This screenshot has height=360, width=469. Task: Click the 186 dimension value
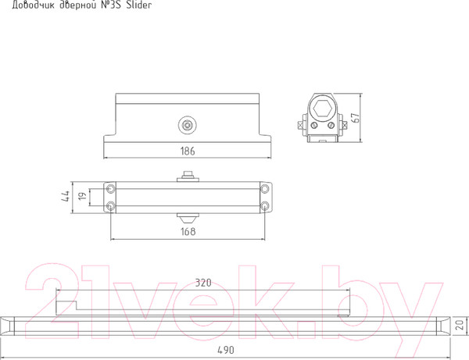tap(188, 151)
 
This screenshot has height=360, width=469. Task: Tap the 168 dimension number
tap(188, 231)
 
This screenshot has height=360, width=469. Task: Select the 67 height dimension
tap(356, 118)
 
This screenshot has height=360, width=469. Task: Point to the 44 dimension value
tap(65, 196)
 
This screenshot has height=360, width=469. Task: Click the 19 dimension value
tap(82, 196)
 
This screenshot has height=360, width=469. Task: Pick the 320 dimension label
tap(203, 283)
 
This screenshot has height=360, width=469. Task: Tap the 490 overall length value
tap(226, 350)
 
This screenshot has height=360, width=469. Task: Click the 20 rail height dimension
tap(461, 325)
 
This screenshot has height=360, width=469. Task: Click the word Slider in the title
tap(139, 5)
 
